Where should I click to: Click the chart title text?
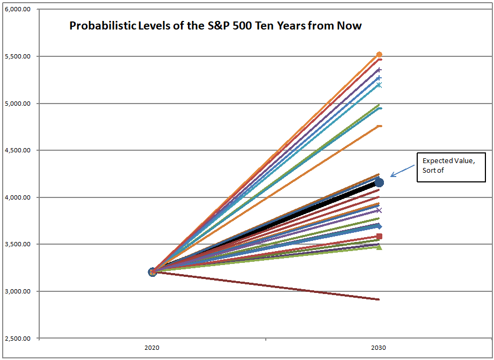pyautogui.click(x=215, y=25)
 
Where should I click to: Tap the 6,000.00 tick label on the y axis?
pyautogui.click(x=17, y=10)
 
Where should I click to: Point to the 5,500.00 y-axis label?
pyautogui.click(x=17, y=56)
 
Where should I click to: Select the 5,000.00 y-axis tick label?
pyautogui.click(x=17, y=104)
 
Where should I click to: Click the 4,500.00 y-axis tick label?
pyautogui.click(x=17, y=151)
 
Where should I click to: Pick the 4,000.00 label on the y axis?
pyautogui.click(x=17, y=197)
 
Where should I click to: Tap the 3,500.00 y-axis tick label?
pyautogui.click(x=17, y=245)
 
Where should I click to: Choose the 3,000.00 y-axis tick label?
pyautogui.click(x=17, y=291)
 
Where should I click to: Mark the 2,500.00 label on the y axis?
pyautogui.click(x=17, y=339)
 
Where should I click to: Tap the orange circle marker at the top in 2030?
pyautogui.click(x=379, y=55)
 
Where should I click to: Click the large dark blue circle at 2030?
pyautogui.click(x=379, y=183)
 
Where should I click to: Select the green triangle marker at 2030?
pyautogui.click(x=379, y=247)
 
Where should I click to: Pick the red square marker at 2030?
pyautogui.click(x=379, y=236)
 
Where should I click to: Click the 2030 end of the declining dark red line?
pyautogui.click(x=379, y=299)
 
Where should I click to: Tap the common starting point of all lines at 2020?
pyautogui.click(x=152, y=272)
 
